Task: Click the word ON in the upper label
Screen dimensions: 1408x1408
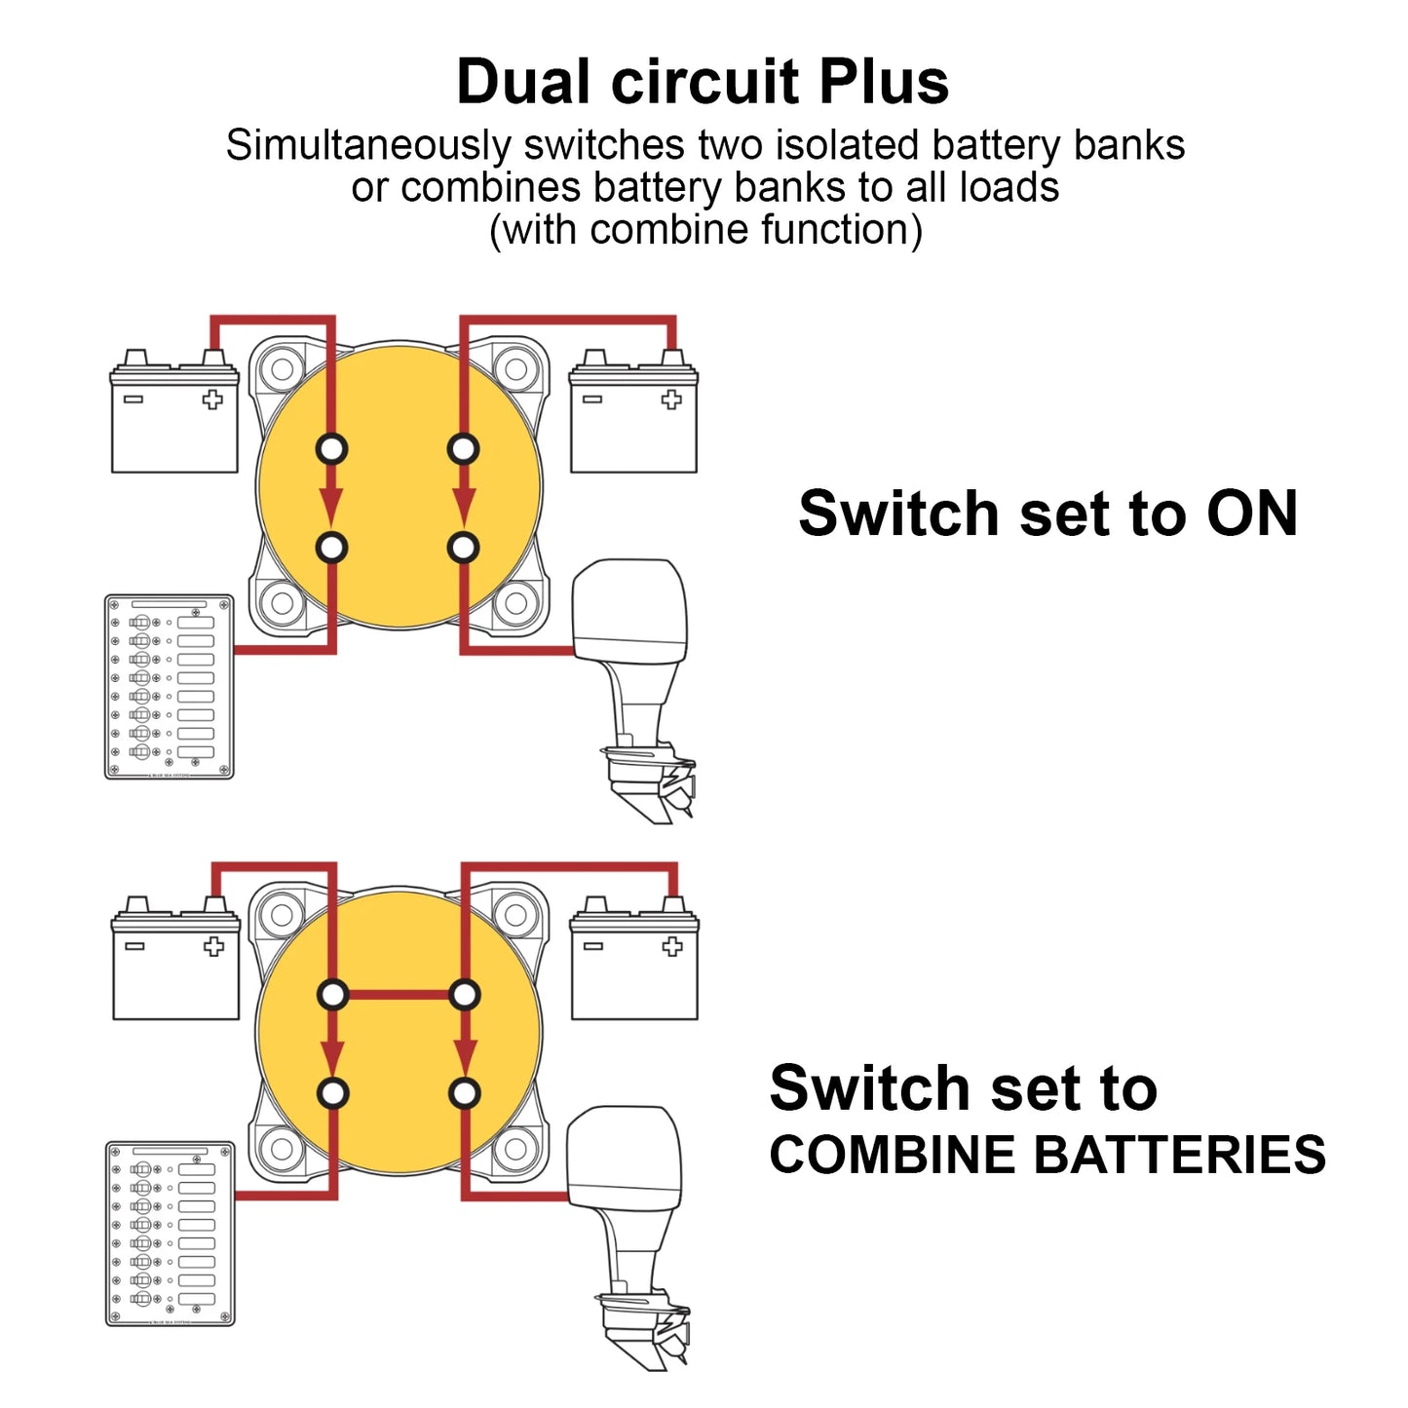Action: [1251, 514]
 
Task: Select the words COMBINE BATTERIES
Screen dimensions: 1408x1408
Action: [1046, 1156]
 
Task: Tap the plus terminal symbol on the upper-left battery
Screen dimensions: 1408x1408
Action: [212, 400]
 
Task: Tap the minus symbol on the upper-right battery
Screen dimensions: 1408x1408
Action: [592, 400]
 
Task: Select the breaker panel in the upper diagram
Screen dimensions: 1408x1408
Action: [170, 687]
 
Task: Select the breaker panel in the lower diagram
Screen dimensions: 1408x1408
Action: [171, 1234]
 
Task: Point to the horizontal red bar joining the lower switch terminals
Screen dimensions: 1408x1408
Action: [400, 996]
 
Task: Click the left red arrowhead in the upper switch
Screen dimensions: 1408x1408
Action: [331, 505]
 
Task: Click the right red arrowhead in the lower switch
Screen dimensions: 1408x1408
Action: [465, 1053]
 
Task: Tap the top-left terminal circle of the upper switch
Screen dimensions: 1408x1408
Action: [331, 449]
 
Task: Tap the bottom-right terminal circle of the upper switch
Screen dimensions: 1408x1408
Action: [464, 548]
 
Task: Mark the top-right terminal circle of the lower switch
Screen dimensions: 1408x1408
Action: [465, 996]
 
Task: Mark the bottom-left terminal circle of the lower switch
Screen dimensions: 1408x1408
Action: [333, 1093]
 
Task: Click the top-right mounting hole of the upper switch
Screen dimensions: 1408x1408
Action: [516, 369]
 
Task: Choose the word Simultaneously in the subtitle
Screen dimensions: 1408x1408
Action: [368, 146]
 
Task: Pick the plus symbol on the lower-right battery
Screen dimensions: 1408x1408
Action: [671, 946]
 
